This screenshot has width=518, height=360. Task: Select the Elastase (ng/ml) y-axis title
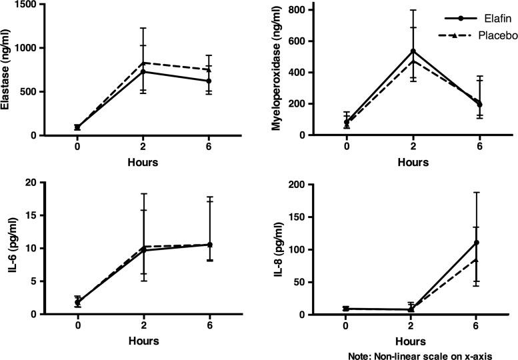[x=9, y=69]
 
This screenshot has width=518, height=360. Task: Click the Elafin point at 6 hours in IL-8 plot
[x=477, y=243]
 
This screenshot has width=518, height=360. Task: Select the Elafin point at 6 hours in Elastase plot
[x=209, y=81]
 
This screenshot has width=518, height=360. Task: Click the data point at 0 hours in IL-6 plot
[x=78, y=302]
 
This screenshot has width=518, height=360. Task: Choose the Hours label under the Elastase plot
[x=144, y=161]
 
